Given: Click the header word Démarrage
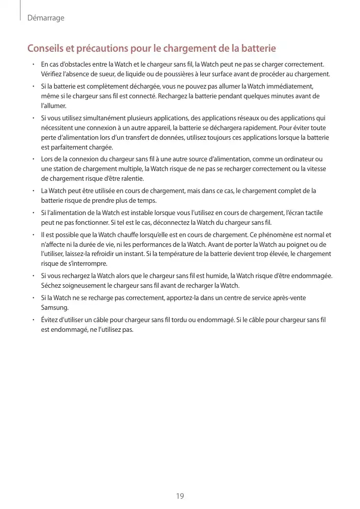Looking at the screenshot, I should [x=46, y=18].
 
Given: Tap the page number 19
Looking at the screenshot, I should [x=180, y=496].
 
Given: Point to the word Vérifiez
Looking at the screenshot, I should [x=53, y=74].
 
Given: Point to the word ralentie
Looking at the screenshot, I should [x=130, y=179].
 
